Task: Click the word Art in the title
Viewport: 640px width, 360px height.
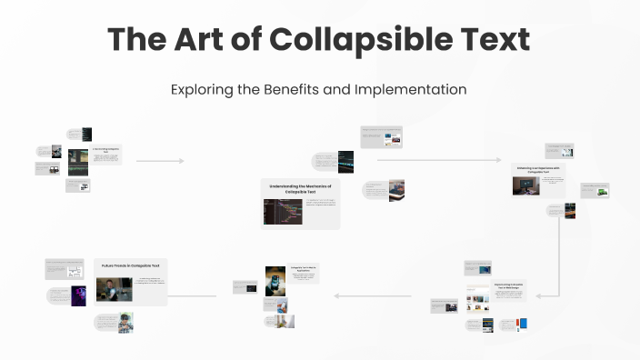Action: point(190,40)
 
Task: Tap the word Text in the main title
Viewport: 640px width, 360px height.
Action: point(486,40)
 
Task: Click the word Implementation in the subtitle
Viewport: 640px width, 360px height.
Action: point(409,90)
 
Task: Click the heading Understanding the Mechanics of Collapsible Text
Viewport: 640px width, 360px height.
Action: point(300,188)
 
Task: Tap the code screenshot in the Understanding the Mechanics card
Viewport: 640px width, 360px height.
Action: point(277,212)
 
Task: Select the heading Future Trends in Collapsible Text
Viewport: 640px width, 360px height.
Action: point(131,265)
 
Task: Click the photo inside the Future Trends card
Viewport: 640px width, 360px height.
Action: point(114,289)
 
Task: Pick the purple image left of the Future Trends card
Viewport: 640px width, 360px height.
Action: point(79,295)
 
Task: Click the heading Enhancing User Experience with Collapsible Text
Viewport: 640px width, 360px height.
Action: point(540,170)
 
